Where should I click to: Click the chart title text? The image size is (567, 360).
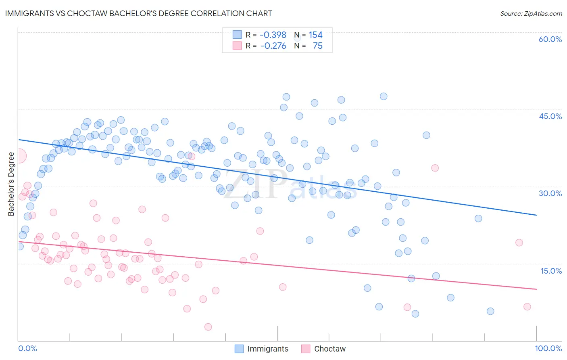[x=138, y=13]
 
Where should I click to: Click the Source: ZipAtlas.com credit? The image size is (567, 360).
[x=531, y=13]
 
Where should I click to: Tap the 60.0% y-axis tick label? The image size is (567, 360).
[x=550, y=39]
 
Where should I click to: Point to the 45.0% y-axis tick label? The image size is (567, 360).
[x=550, y=116]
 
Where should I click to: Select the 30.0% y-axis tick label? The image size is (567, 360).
[x=550, y=193]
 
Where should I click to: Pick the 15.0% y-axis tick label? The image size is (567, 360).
[x=551, y=271]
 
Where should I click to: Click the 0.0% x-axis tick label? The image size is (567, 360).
[x=27, y=348]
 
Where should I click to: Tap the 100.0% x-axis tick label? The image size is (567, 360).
[x=548, y=348]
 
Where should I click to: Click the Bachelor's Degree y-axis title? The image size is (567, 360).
[x=11, y=184]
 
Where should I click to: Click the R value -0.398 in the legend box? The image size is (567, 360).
[x=273, y=35]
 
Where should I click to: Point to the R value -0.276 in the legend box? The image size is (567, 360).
[x=273, y=46]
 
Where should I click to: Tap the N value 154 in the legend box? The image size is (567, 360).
[x=315, y=35]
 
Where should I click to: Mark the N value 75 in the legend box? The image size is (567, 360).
[x=317, y=46]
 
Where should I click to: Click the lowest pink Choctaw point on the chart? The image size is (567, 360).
[x=208, y=327]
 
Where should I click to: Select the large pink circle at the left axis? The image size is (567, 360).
[x=19, y=156]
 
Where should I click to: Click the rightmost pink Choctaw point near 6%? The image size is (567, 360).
[x=527, y=307]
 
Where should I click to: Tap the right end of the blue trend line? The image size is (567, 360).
[x=536, y=215]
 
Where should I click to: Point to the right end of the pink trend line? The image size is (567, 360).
[x=536, y=289]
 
